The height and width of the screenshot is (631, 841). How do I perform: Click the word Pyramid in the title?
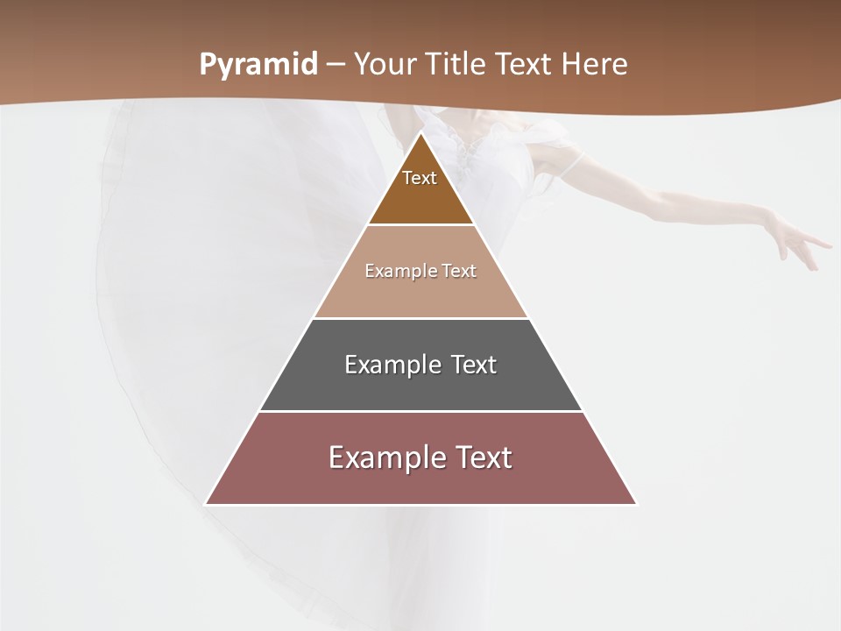[x=258, y=65]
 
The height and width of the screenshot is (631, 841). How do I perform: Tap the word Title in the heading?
[x=459, y=65]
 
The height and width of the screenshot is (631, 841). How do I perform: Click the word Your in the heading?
[x=385, y=65]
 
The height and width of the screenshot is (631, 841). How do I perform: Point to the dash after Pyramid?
[x=336, y=66]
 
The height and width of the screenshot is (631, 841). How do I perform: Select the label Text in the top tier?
[x=420, y=178]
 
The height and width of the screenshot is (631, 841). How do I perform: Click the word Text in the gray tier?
[x=474, y=365]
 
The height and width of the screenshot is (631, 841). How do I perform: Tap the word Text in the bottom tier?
[x=483, y=457]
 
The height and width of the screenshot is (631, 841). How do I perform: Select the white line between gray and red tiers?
[x=420, y=411]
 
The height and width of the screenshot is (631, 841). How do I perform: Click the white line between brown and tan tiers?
[x=420, y=225]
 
